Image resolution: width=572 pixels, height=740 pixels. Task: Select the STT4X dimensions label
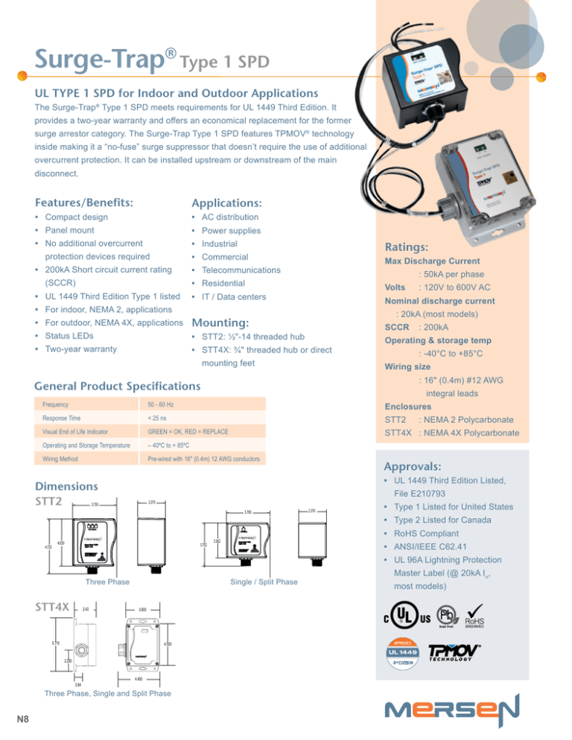point(52,607)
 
